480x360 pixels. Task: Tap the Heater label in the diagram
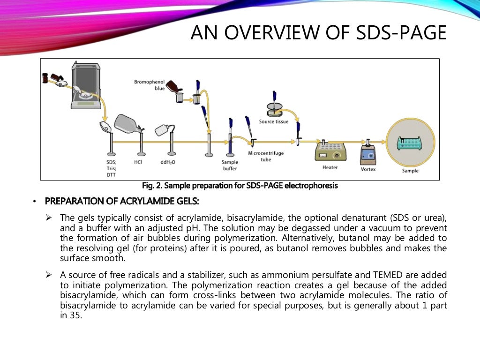click(x=330, y=167)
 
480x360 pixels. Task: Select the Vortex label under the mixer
click(x=368, y=169)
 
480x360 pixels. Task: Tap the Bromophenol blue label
click(x=150, y=85)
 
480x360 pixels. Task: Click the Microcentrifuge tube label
click(x=266, y=156)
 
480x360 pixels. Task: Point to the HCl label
click(x=138, y=162)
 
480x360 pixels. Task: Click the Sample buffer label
click(x=230, y=165)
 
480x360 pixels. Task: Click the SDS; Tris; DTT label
click(x=111, y=168)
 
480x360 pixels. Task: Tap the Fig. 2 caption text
click(x=240, y=186)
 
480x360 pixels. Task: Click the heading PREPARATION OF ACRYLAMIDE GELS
click(x=122, y=202)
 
